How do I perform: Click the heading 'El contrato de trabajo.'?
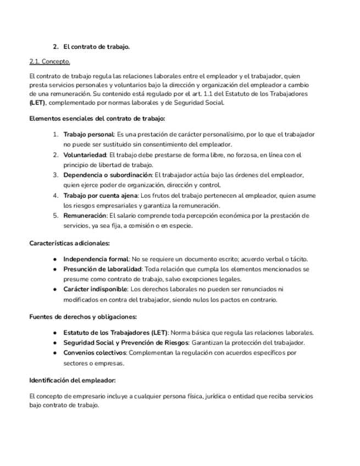tap(96, 47)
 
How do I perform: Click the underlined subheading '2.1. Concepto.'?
tap(49, 62)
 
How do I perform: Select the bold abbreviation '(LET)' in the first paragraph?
tap(38, 103)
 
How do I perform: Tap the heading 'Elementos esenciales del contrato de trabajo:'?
tap(97, 118)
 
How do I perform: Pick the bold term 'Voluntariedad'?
tap(85, 156)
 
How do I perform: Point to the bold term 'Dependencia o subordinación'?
tap(107, 175)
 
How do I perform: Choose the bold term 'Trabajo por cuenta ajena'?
tap(101, 195)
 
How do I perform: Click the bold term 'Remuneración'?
tap(85, 215)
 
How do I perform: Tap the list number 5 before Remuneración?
tap(56, 215)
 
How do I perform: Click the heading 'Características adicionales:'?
tap(69, 243)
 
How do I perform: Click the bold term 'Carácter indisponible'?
tap(95, 289)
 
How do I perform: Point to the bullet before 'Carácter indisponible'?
tap(56, 289)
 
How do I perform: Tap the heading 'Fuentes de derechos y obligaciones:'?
tap(82, 317)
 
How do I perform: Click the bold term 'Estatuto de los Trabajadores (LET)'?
tap(116, 332)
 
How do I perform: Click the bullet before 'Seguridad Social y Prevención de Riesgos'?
tap(56, 342)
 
